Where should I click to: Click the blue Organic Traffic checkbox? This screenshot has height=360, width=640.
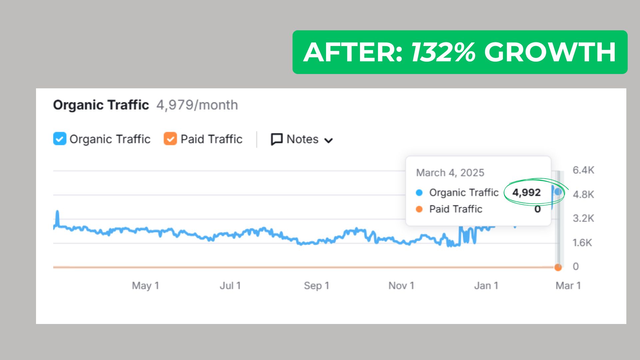60,139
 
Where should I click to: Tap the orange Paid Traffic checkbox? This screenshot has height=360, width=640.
170,139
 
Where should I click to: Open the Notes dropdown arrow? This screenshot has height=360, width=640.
329,140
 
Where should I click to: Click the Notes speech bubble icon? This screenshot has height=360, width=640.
277,139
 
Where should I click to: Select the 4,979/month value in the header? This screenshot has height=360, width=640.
197,105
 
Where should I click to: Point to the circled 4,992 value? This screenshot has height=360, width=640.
526,192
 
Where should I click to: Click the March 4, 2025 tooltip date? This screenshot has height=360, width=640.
450,173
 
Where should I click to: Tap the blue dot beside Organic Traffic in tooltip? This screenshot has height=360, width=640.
419,193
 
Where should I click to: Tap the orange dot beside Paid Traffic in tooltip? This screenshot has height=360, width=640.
419,209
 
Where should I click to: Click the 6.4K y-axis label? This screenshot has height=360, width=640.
583,170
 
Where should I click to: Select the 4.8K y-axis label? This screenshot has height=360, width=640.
583,194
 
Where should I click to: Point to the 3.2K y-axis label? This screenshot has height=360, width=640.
583,218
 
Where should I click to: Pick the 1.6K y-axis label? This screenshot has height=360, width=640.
582,243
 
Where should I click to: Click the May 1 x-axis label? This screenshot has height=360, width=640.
145,286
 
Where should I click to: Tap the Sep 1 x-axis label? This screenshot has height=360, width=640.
316,286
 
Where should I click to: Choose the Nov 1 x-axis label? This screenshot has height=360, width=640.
401,286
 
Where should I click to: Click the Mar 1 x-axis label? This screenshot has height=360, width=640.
568,286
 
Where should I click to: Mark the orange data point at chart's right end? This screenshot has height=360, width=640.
558,267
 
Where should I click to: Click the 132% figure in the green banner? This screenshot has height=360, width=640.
443,52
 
